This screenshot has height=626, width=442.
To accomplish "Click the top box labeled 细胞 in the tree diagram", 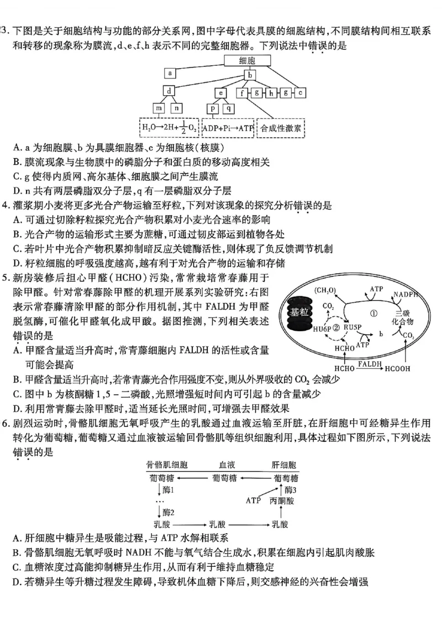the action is (250, 61).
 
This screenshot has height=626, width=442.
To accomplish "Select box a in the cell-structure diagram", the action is (170, 73).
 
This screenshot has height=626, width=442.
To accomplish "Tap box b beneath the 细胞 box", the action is (250, 76).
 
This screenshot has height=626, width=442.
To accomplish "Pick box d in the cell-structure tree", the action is (170, 92).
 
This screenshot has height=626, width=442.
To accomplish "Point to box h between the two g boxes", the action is (272, 93).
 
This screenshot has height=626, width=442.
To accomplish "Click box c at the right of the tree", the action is (299, 92).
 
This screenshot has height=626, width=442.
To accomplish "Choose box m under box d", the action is (159, 108).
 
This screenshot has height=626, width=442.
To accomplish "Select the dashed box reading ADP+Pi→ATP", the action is (228, 128).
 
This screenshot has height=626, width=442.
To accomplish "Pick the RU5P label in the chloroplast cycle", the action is (352, 327).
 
